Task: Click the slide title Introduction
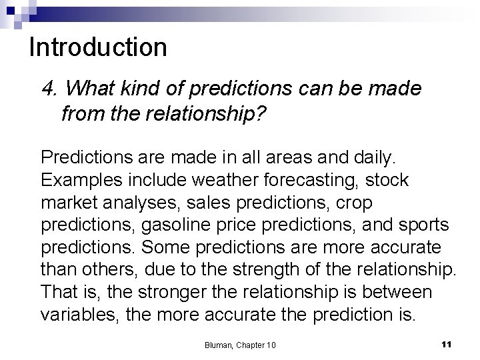point(98,47)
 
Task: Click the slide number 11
point(447,343)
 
